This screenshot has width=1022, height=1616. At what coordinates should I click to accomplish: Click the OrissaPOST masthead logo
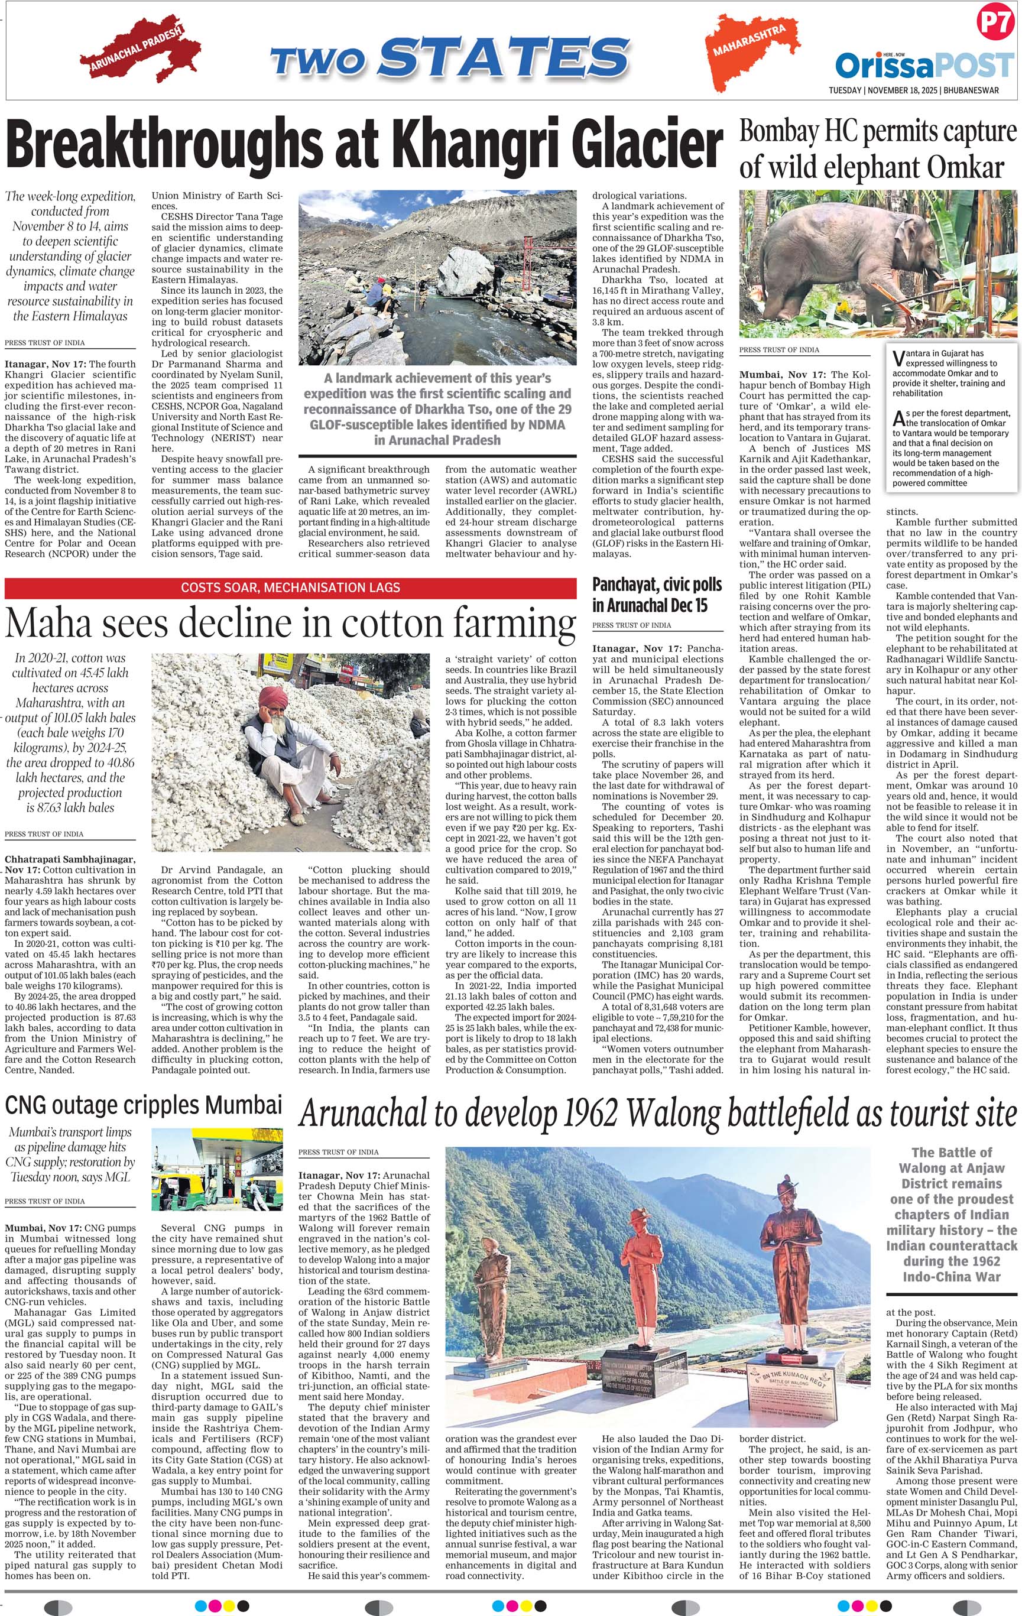point(924,66)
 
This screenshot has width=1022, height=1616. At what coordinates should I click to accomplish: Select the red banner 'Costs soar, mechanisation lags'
point(290,587)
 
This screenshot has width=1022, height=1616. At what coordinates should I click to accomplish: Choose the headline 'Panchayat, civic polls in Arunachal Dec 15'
point(650,595)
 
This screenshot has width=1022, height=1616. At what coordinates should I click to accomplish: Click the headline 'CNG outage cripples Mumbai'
point(143,1104)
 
